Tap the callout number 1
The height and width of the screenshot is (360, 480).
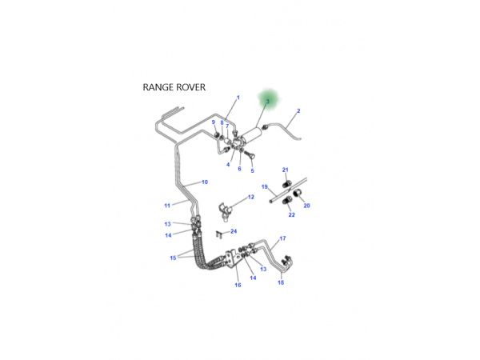[x=238, y=98]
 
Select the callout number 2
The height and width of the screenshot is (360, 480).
[x=298, y=110]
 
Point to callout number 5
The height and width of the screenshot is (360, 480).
[x=252, y=170]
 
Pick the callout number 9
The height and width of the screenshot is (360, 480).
[x=214, y=122]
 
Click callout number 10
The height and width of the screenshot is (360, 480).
[x=205, y=182]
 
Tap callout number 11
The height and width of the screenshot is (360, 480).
[x=168, y=205]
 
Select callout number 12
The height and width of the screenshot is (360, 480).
[x=250, y=197]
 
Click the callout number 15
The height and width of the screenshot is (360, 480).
[x=173, y=258]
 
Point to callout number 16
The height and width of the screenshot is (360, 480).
[x=238, y=285]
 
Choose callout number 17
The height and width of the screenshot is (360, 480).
[x=282, y=239]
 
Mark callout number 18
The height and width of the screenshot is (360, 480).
[x=280, y=282]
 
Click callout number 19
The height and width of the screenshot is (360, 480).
[x=265, y=186]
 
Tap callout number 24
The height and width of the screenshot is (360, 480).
[x=234, y=231]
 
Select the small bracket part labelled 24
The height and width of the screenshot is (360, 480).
[x=218, y=234]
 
